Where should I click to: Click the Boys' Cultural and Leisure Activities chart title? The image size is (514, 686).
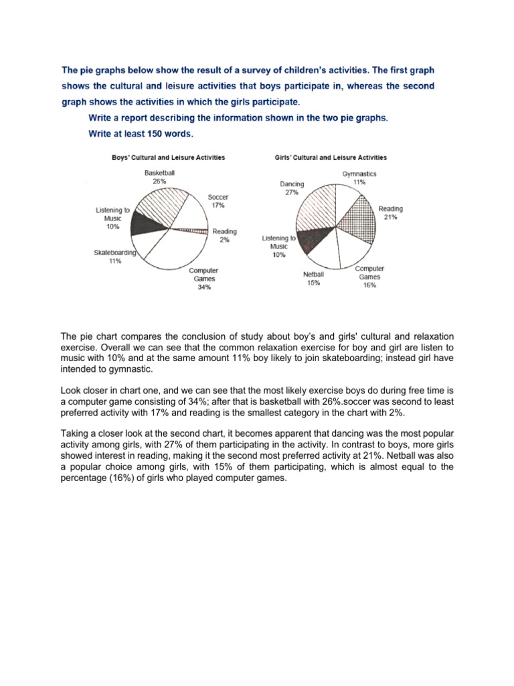pos(167,157)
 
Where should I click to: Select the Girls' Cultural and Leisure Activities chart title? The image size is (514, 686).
pos(331,157)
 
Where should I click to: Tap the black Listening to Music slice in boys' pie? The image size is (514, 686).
pos(147,222)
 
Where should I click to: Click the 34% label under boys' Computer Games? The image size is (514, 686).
pos(203,287)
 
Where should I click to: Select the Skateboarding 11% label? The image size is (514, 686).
pos(115,257)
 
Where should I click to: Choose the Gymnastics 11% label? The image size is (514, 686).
pos(359,178)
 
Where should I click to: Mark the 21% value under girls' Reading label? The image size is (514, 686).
pos(390,217)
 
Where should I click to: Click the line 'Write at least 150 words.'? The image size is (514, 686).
pos(141,133)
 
